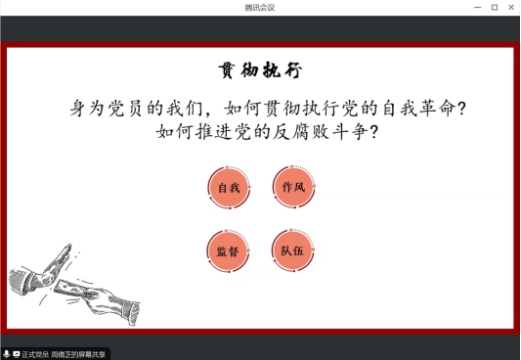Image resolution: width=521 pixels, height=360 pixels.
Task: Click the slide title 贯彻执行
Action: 260,71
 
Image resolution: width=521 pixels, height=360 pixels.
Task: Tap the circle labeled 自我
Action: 229,187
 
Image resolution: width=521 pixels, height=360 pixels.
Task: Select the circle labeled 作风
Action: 293,187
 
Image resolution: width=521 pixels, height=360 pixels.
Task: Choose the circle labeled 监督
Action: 229,250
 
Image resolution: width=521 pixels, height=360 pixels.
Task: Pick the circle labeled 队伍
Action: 293,250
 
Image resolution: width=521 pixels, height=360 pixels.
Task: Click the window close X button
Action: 510,7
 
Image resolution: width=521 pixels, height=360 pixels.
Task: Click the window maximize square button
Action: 494,7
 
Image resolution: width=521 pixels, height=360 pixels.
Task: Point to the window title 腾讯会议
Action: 260,7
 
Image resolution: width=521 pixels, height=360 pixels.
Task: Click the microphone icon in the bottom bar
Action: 6,353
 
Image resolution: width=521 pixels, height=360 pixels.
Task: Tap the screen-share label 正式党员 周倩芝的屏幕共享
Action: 64,353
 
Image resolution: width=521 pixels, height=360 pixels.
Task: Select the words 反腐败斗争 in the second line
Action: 318,131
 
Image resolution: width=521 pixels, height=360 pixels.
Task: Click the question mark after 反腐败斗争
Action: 372,131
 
